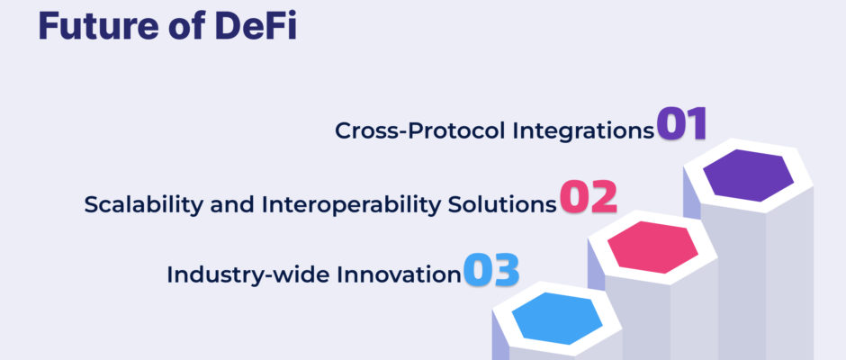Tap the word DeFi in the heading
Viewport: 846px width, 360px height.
(256, 26)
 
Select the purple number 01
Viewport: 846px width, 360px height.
(681, 123)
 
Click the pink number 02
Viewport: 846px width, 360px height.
(588, 197)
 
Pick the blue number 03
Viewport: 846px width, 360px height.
(491, 270)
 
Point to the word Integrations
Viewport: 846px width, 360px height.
(582, 131)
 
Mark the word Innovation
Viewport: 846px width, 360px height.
(399, 274)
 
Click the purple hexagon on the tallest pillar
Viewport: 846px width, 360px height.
(748, 175)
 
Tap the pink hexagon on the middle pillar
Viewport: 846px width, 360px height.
(652, 247)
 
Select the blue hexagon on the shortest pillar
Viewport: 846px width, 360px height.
(557, 319)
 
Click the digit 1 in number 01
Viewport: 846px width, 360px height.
(696, 123)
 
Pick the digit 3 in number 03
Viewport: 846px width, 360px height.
(506, 270)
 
